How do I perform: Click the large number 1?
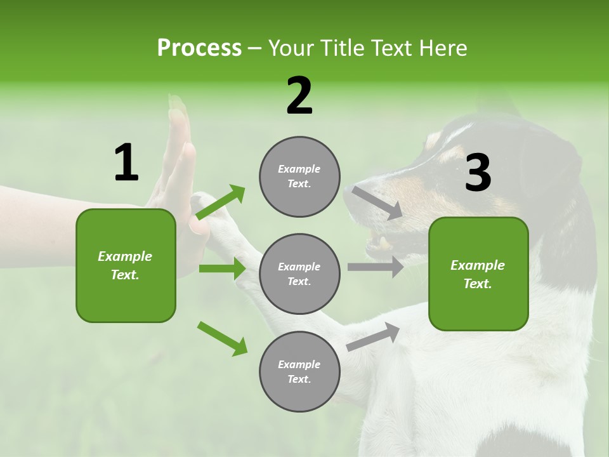tap(126, 163)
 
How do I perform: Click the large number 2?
tap(299, 96)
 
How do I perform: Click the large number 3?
tap(478, 173)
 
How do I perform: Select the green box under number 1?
tap(126, 265)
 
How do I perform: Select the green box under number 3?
tap(478, 274)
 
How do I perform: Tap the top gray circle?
tap(299, 176)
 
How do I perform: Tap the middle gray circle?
tap(299, 274)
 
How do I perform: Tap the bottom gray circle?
tap(299, 371)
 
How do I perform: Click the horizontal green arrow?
tap(222, 268)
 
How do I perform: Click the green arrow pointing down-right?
tap(222, 338)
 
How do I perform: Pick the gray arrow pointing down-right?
tap(377, 202)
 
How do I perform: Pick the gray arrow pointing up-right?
tap(373, 336)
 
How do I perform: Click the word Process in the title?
tap(199, 48)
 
